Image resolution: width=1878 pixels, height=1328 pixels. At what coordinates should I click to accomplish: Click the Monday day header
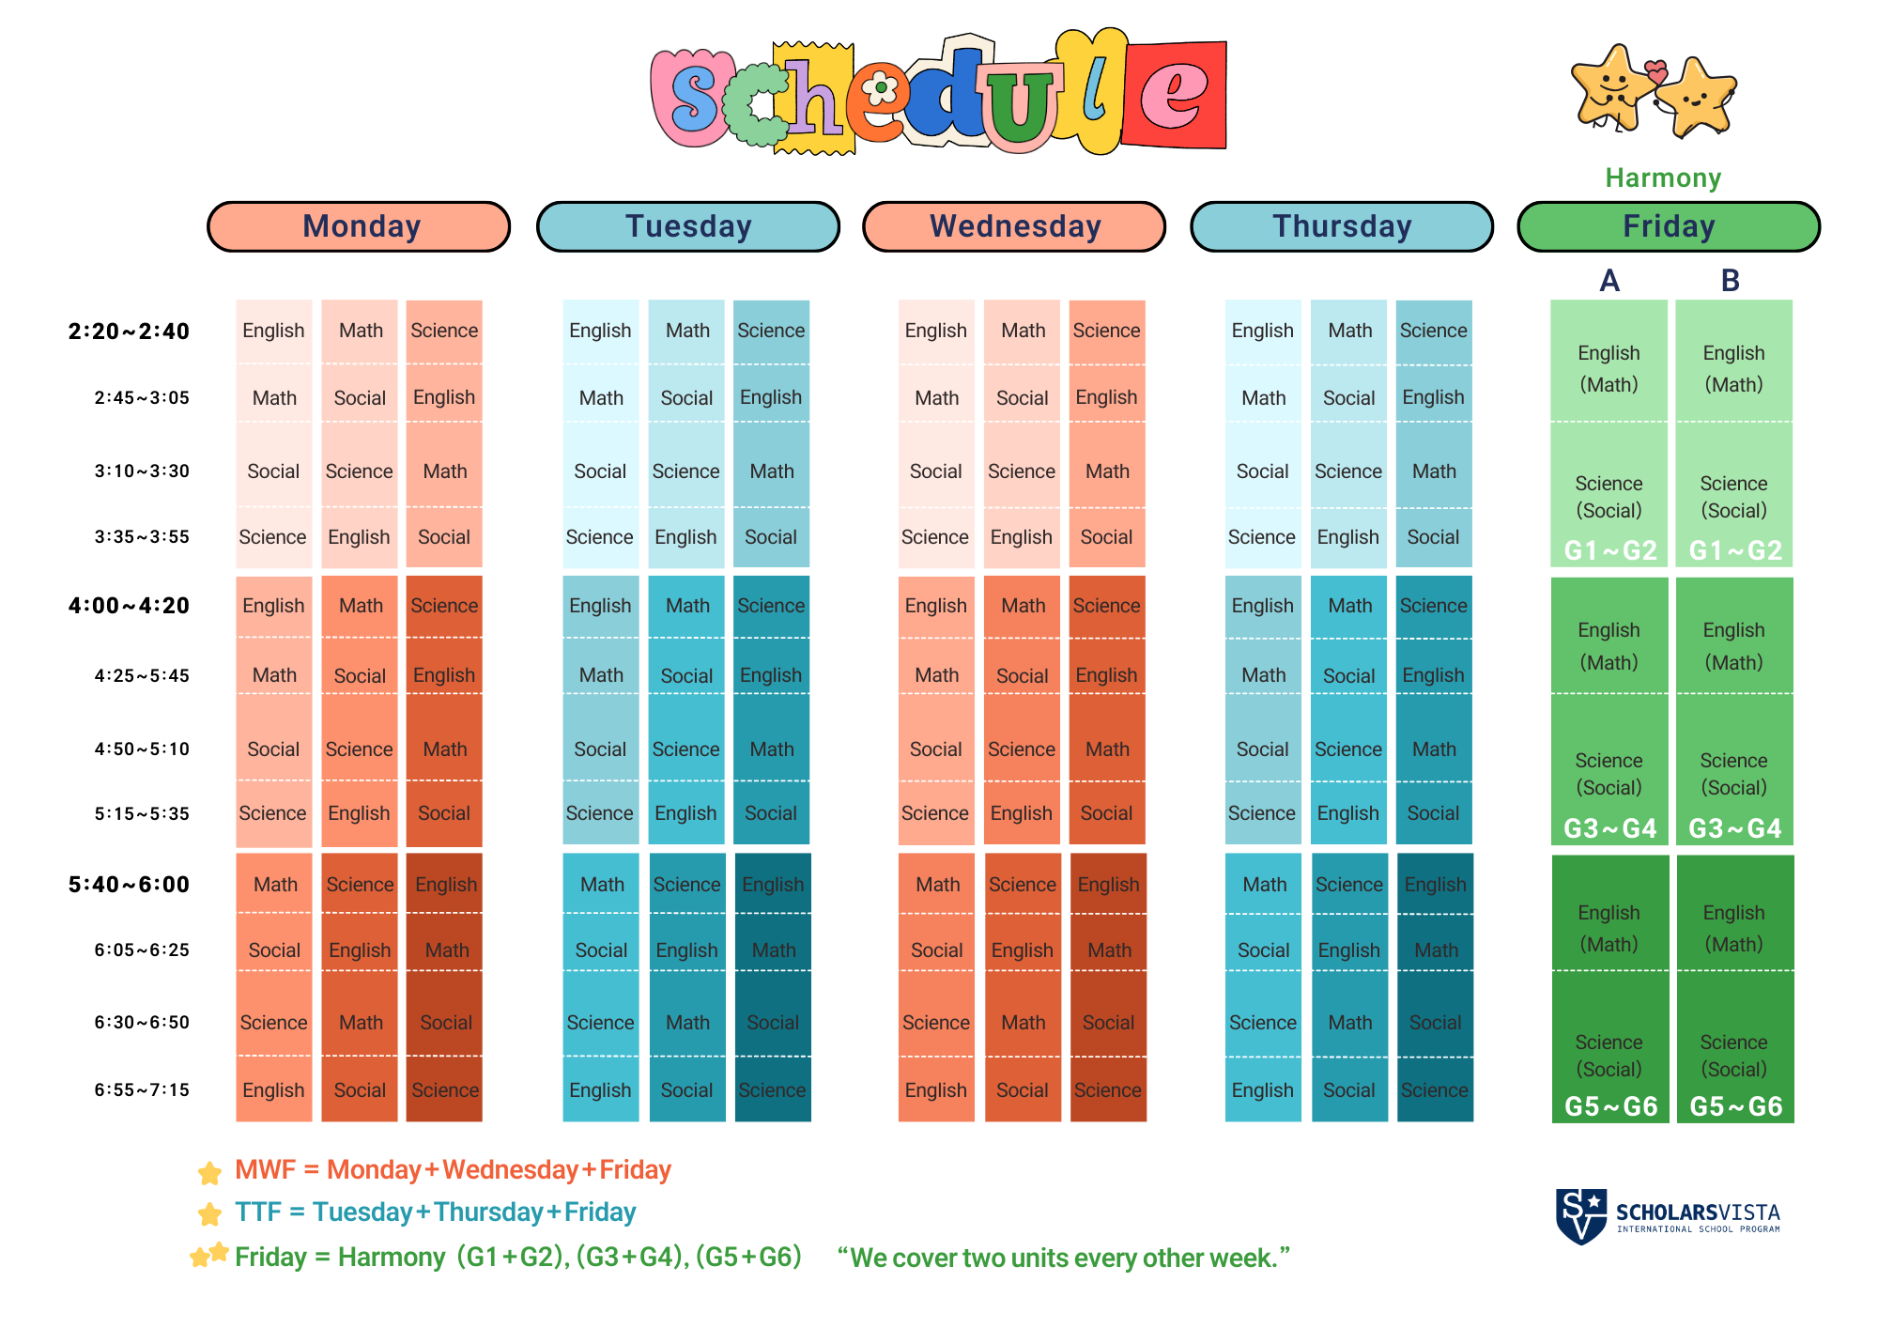[x=359, y=226]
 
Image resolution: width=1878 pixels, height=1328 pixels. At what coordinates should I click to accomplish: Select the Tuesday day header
[x=688, y=226]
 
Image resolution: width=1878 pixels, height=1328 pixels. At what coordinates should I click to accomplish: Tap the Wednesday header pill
[x=1014, y=226]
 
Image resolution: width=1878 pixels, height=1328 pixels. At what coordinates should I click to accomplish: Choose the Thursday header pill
[x=1342, y=226]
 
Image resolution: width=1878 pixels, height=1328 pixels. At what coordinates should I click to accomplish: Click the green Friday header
[x=1669, y=226]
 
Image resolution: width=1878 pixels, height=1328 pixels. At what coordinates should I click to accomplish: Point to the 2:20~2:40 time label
[x=129, y=332]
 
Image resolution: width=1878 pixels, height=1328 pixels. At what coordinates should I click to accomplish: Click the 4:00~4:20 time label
[x=129, y=606]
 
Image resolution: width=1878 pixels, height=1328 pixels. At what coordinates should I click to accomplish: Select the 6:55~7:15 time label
[x=142, y=1090]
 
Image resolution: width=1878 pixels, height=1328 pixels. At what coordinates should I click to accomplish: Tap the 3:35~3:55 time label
[x=142, y=537]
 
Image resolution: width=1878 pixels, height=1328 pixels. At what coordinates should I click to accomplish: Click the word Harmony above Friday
[x=1663, y=178]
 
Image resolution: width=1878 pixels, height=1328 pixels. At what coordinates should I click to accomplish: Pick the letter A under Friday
[x=1609, y=281]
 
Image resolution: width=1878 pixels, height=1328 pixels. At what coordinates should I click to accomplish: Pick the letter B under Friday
[x=1731, y=281]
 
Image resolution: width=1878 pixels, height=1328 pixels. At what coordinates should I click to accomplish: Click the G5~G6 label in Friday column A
[x=1610, y=1106]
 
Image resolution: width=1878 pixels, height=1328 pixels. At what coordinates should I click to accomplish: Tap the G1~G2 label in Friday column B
[x=1735, y=550]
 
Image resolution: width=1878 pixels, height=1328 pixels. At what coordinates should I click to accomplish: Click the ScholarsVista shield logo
[x=1581, y=1216]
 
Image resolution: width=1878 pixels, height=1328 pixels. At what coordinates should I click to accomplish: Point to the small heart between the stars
[x=1656, y=71]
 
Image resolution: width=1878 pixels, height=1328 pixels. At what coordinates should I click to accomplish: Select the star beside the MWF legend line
[x=209, y=1172]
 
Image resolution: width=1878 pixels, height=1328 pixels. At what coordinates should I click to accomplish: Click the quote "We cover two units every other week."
[x=1064, y=1258]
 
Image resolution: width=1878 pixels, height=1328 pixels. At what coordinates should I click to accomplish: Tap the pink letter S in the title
[x=693, y=98]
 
